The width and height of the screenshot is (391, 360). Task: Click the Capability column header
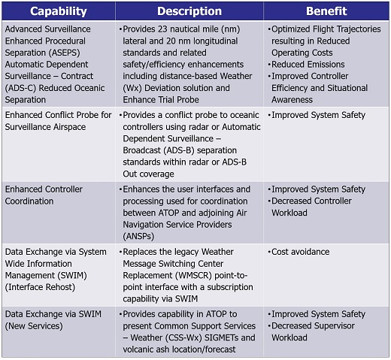[x=59, y=11]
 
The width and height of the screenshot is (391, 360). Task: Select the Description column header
[x=189, y=11]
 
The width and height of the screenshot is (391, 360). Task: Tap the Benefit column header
[x=326, y=11]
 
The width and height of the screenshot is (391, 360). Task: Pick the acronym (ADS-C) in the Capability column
[x=21, y=88]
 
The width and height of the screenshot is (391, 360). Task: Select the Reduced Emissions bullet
[x=308, y=65]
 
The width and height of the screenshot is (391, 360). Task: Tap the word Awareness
[x=292, y=100]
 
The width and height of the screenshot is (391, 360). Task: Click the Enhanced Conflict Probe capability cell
[x=58, y=121]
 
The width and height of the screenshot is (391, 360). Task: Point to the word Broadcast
[x=142, y=150]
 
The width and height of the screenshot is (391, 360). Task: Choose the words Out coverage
[x=148, y=174]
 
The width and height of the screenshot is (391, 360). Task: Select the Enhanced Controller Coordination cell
[x=44, y=195]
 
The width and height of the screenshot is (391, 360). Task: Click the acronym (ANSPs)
[x=138, y=236]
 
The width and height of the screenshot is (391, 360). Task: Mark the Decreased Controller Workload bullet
[x=310, y=207]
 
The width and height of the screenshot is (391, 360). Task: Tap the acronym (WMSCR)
[x=193, y=275]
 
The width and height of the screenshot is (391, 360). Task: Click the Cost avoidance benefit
[x=300, y=252]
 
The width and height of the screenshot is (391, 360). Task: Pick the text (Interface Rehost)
[x=40, y=287]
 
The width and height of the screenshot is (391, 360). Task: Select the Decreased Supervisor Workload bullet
[x=311, y=331]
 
